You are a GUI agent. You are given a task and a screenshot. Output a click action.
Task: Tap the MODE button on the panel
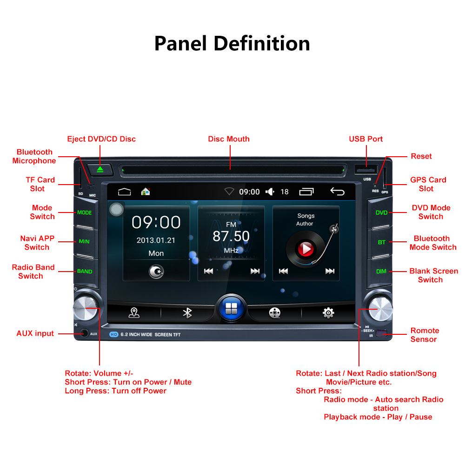click(x=85, y=213)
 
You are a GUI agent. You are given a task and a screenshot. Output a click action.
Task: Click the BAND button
click(x=85, y=271)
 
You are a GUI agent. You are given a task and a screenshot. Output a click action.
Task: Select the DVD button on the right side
click(x=381, y=213)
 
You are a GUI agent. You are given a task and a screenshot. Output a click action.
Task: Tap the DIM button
click(x=381, y=271)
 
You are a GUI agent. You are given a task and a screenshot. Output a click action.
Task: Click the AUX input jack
click(x=84, y=333)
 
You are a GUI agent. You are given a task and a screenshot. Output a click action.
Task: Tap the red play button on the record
click(x=306, y=249)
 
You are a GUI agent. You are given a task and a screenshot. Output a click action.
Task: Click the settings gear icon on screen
click(x=328, y=313)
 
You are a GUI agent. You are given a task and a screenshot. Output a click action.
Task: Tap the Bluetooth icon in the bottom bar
click(x=187, y=313)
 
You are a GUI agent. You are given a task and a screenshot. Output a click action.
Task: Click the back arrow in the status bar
click(x=337, y=191)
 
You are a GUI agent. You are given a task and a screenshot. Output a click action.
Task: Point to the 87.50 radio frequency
click(x=231, y=236)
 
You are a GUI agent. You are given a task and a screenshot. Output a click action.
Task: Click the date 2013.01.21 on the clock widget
click(x=156, y=240)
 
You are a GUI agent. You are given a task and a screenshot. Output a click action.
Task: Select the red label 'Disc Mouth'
click(x=229, y=139)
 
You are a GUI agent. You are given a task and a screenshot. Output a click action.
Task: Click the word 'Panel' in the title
click(x=180, y=43)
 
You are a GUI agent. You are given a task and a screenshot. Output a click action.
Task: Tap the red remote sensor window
click(x=381, y=333)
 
